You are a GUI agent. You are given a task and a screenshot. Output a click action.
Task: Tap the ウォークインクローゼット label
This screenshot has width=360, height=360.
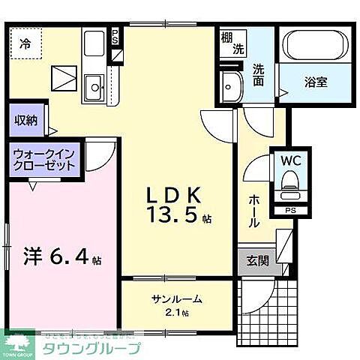coord(43,160)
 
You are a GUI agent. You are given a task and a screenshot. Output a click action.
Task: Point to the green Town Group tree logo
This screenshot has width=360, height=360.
coord(21,342)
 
